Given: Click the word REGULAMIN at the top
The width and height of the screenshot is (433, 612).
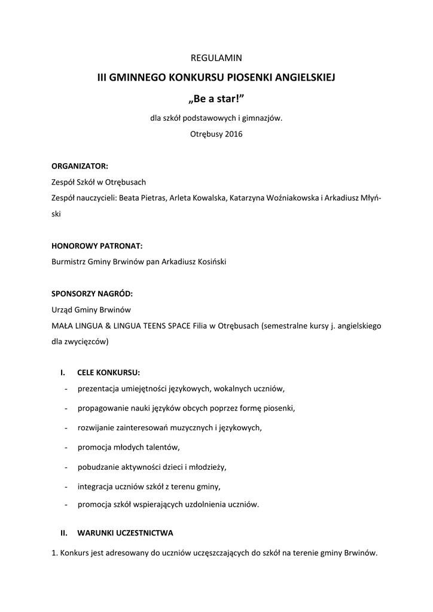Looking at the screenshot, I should [216, 58].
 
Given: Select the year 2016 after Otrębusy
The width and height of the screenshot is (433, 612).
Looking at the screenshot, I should [233, 134].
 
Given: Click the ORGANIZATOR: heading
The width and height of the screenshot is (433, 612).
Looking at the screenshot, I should [80, 166].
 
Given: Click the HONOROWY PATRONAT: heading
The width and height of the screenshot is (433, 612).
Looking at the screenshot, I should [97, 245].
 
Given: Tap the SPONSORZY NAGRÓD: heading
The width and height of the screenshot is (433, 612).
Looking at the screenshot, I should [92, 294].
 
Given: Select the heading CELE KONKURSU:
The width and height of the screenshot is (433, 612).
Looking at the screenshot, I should [108, 373].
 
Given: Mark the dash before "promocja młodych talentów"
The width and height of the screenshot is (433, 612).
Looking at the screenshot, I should [65, 447].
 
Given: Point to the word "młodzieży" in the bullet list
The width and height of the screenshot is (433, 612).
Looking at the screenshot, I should [208, 466].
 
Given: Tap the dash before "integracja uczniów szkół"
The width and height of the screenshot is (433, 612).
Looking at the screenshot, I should [65, 486].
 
